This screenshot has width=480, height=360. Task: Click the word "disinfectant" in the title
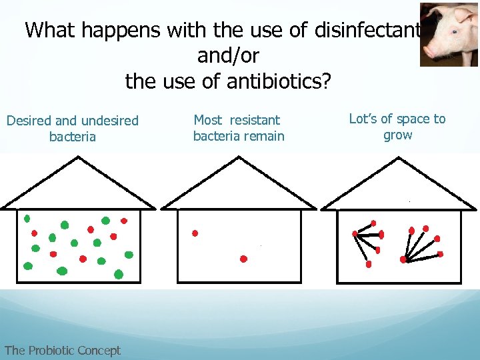[x=365, y=30]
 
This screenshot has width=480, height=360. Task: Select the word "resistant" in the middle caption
[x=255, y=120]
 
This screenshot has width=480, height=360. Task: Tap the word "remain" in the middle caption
[x=265, y=136]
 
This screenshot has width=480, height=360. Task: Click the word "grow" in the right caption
[x=397, y=135]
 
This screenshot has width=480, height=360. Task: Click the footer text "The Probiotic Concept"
[x=62, y=350]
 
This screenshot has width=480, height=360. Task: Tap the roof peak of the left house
[x=79, y=158]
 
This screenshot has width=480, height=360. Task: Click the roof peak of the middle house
[x=239, y=158]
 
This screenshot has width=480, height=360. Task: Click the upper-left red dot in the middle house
[x=195, y=233]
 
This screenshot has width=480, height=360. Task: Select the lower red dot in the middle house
[x=243, y=259]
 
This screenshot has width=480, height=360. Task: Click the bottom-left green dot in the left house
[x=28, y=266]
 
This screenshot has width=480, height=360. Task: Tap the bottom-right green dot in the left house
[x=119, y=274]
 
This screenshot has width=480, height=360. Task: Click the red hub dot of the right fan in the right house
[x=403, y=259]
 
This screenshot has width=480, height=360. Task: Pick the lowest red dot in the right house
[x=369, y=265]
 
